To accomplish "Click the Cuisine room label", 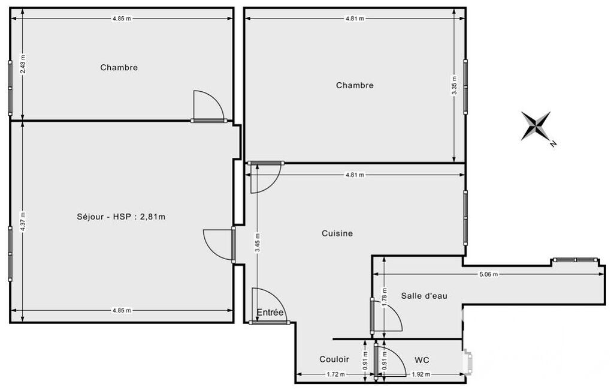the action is point(337,233).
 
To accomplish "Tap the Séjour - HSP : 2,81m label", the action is point(121,217).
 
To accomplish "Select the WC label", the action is point(422,360).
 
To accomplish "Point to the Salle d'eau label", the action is point(424,296).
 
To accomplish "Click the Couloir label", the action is point(334,359).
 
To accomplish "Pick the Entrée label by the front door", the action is point(270,313).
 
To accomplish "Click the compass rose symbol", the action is point(536,126).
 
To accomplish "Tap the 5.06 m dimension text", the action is point(488,274).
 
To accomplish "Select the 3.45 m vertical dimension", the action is point(257,243).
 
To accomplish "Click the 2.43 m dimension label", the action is point(23,63).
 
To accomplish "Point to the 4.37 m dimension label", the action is point(23,222).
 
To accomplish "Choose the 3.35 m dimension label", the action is point(454,85).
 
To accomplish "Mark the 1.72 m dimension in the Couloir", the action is point(335,374).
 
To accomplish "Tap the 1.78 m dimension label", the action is point(385,297).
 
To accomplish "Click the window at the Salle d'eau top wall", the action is point(575,260).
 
